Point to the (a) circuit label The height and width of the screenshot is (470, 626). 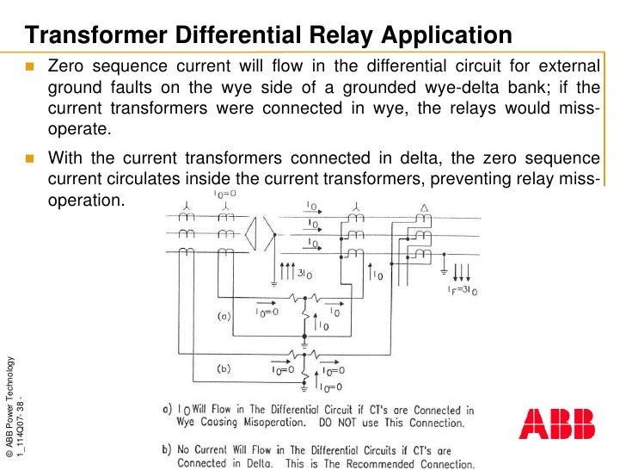pos(221,316)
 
